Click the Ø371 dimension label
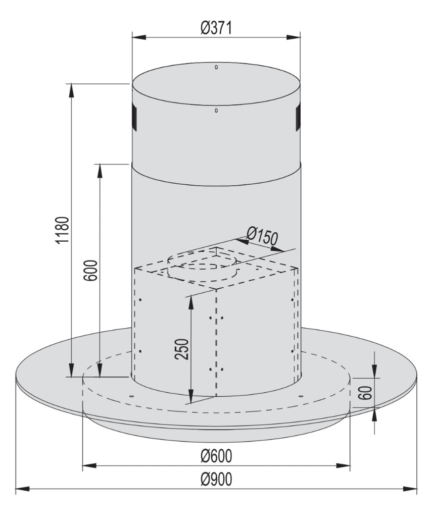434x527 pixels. (216, 28)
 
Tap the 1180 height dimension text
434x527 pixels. (63, 230)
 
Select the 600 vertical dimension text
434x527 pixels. (90, 270)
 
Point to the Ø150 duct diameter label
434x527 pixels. (262, 236)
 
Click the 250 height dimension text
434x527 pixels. (182, 349)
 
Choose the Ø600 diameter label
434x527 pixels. (216, 456)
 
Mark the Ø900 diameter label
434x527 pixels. (216, 479)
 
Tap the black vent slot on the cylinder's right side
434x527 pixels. (298, 118)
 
